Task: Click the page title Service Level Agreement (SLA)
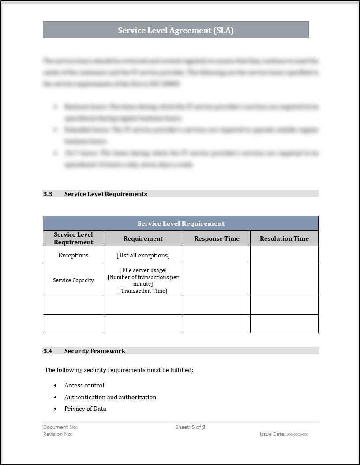pyautogui.click(x=176, y=30)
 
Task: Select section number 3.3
pyautogui.click(x=48, y=194)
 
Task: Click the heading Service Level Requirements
pyautogui.click(x=105, y=194)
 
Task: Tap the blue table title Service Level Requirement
pyautogui.click(x=181, y=223)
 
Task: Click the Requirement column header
pyautogui.click(x=143, y=238)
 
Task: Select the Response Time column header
pyautogui.click(x=217, y=238)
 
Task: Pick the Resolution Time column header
pyautogui.click(x=284, y=238)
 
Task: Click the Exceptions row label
pyautogui.click(x=73, y=255)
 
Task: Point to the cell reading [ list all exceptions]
pyautogui.click(x=143, y=255)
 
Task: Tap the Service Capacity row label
pyautogui.click(x=73, y=280)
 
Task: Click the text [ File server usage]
pyautogui.click(x=143, y=270)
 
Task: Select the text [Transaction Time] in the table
pyautogui.click(x=143, y=291)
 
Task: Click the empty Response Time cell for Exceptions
pyautogui.click(x=217, y=255)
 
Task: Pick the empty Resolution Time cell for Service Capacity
pyautogui.click(x=284, y=280)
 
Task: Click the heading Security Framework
pyautogui.click(x=94, y=351)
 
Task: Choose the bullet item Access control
pyautogui.click(x=84, y=385)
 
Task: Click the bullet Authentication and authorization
pyautogui.click(x=110, y=397)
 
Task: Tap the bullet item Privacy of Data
pyautogui.click(x=85, y=409)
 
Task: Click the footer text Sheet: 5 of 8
pyautogui.click(x=190, y=427)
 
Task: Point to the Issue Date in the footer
pyautogui.click(x=284, y=434)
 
